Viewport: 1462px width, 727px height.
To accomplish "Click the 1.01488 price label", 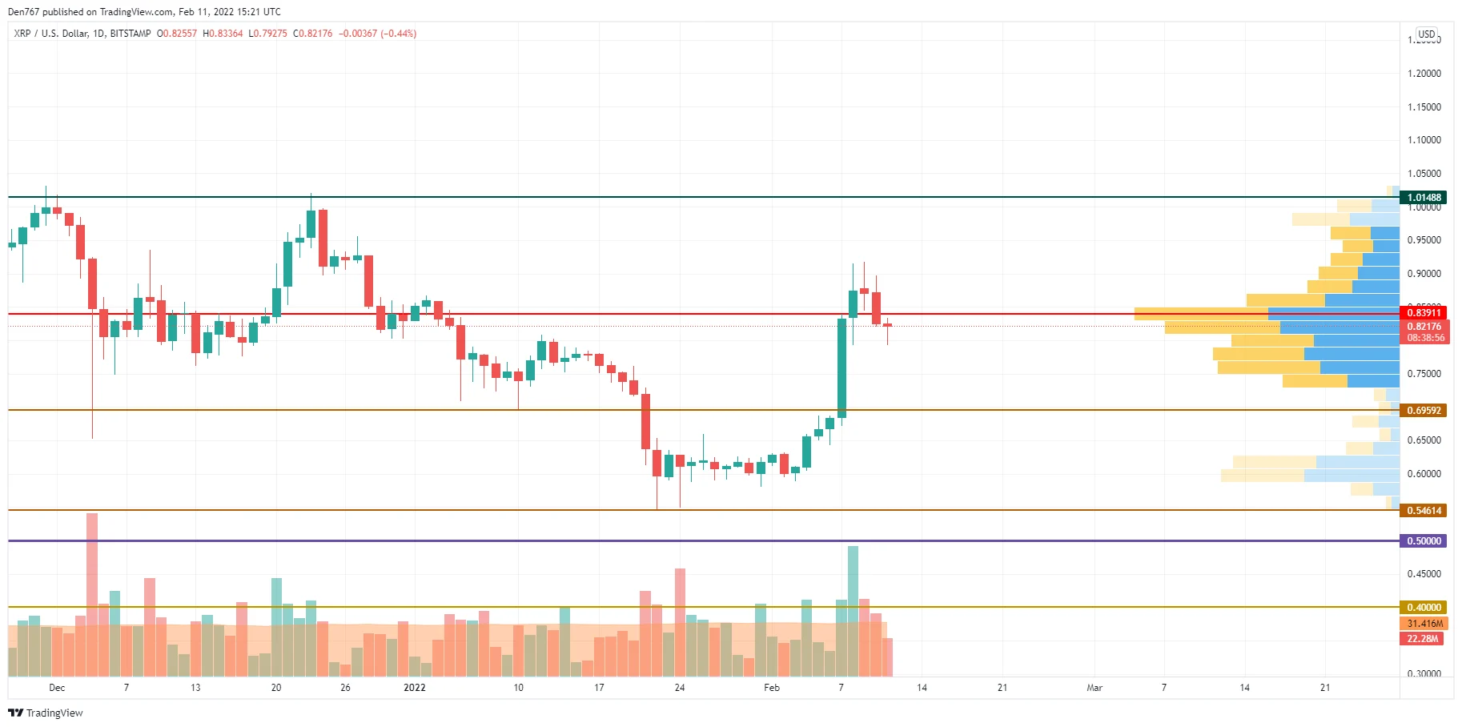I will point(1424,198).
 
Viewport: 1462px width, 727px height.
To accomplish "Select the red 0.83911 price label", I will point(1424,313).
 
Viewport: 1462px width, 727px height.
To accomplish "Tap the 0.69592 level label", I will point(1424,411).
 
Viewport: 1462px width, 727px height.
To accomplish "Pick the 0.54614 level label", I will point(1424,511).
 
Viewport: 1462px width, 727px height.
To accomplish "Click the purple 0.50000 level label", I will point(1424,541).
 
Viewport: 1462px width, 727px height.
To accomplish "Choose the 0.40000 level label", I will point(1424,608).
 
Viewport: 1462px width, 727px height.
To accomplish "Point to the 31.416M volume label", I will point(1424,624).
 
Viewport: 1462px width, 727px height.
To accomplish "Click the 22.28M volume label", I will point(1422,639).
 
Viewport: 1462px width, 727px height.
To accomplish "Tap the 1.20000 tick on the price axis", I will point(1424,74).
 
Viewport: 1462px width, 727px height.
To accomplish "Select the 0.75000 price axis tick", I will point(1424,374).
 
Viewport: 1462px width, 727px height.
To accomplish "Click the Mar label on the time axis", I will point(1094,688).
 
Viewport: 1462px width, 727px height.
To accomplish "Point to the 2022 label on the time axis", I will point(414,688).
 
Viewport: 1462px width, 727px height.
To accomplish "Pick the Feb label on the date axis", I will point(771,688).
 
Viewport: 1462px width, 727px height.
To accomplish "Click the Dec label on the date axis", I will point(57,688).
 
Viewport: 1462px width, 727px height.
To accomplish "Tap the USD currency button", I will point(1426,34).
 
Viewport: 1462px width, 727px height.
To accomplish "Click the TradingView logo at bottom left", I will point(46,713).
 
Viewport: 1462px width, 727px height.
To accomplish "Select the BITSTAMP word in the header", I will point(131,34).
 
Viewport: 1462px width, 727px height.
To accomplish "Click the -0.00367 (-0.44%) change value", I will point(377,34).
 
